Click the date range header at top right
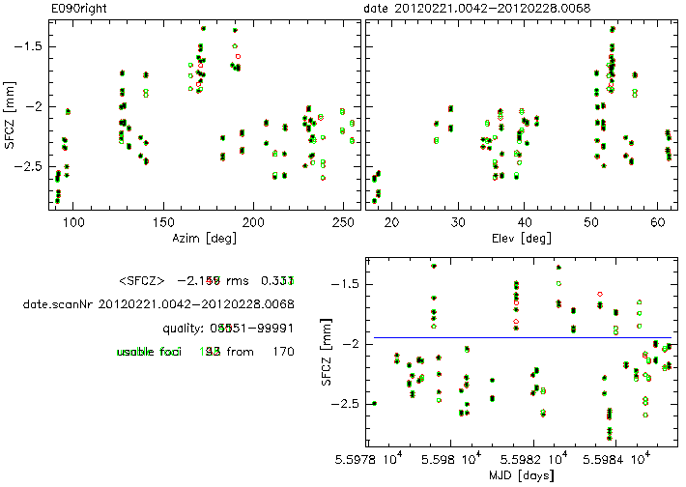477,8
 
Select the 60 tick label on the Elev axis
657,221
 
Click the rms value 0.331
277,281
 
